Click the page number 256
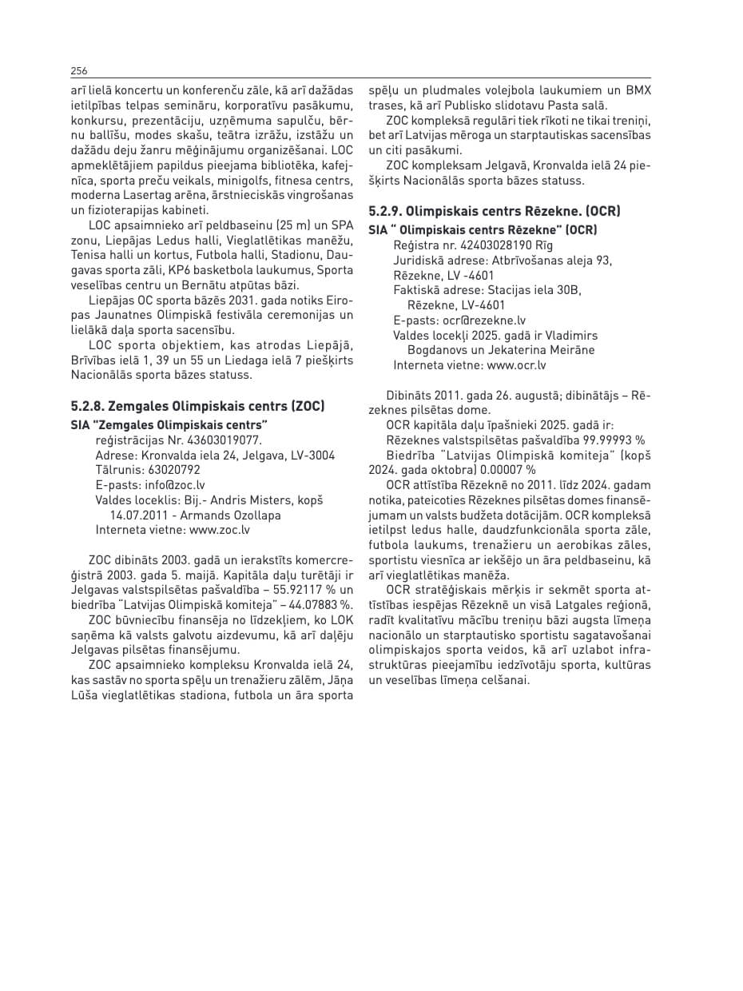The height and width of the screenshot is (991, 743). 79,70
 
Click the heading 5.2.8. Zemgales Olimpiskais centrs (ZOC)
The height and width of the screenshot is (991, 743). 197,406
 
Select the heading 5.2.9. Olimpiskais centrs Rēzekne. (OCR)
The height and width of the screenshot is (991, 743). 495,212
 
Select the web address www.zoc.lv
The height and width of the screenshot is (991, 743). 220,529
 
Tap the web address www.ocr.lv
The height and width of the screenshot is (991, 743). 516,364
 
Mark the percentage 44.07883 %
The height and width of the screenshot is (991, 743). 315,603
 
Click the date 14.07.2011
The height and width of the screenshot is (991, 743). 138,515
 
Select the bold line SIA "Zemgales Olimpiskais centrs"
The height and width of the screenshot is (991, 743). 169,424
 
